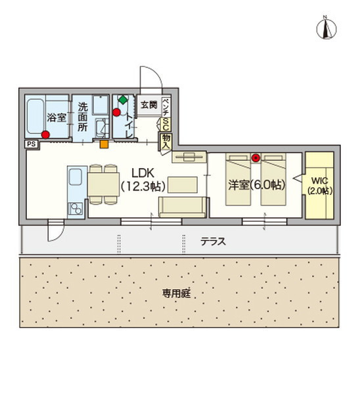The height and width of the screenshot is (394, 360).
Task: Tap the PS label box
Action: [31, 143]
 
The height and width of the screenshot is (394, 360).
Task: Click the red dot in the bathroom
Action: [45, 135]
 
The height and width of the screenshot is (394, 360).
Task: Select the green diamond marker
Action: [122, 100]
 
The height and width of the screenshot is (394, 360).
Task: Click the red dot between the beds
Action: [255, 158]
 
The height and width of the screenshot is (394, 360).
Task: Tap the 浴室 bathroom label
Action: [55, 118]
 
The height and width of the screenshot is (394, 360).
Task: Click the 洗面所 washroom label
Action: [83, 116]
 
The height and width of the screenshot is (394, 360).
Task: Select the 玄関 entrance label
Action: [148, 104]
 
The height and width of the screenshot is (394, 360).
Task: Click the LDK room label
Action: [142, 173]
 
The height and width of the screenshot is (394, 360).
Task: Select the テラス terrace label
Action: [214, 241]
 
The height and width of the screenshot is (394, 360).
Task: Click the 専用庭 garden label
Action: [176, 293]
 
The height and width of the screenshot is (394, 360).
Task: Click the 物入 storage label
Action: [166, 142]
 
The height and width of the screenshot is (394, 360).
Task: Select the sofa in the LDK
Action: [181, 206]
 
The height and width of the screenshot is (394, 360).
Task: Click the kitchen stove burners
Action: [75, 209]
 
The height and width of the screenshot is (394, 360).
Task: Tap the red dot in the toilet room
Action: [117, 112]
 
